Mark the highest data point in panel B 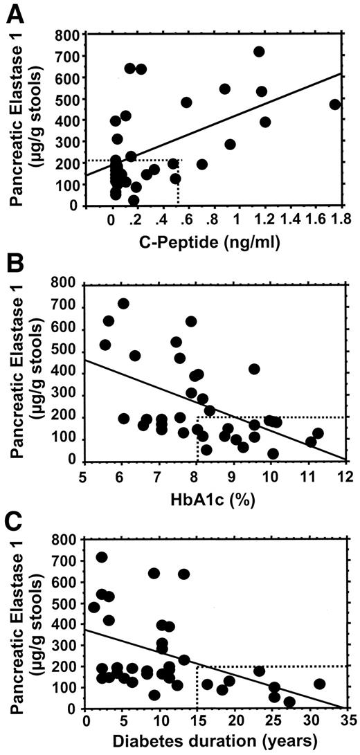point(124,304)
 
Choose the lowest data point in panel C point(289,702)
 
